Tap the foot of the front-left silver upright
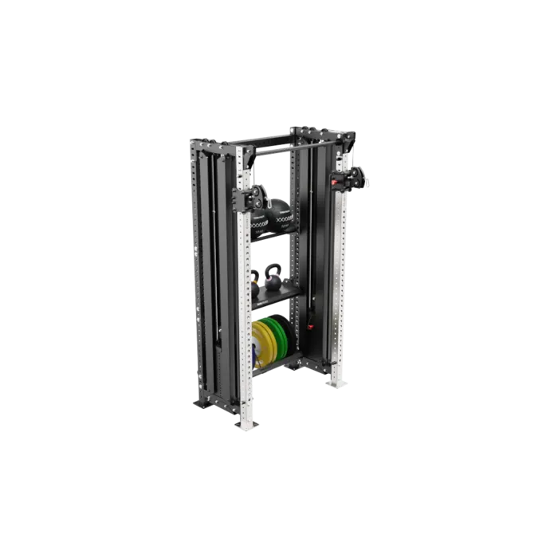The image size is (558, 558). click(x=247, y=426)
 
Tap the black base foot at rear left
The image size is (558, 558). click(x=202, y=405)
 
